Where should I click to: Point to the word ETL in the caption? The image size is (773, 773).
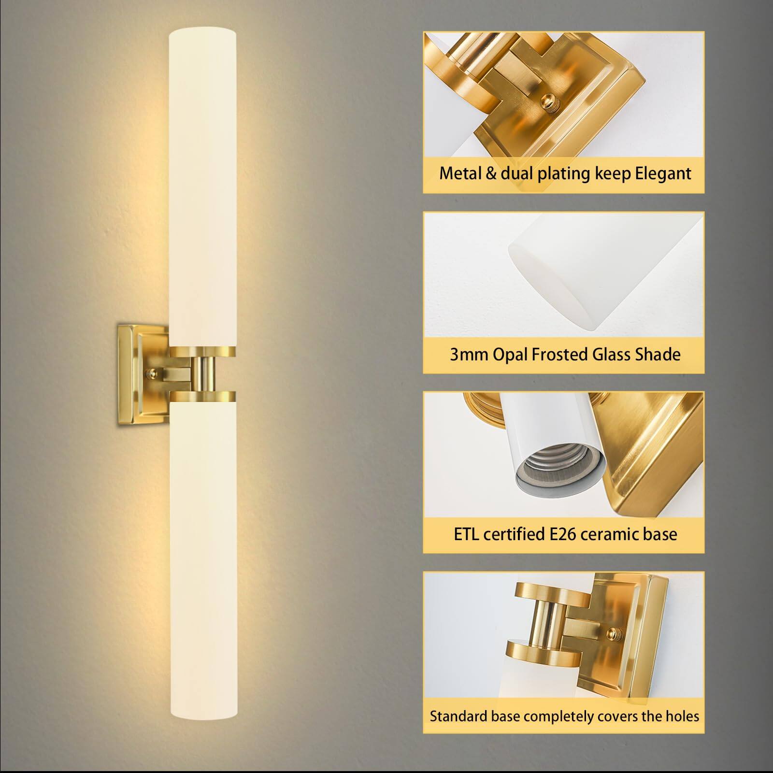coord(467,534)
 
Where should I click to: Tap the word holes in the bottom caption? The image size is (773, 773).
coord(682,716)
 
